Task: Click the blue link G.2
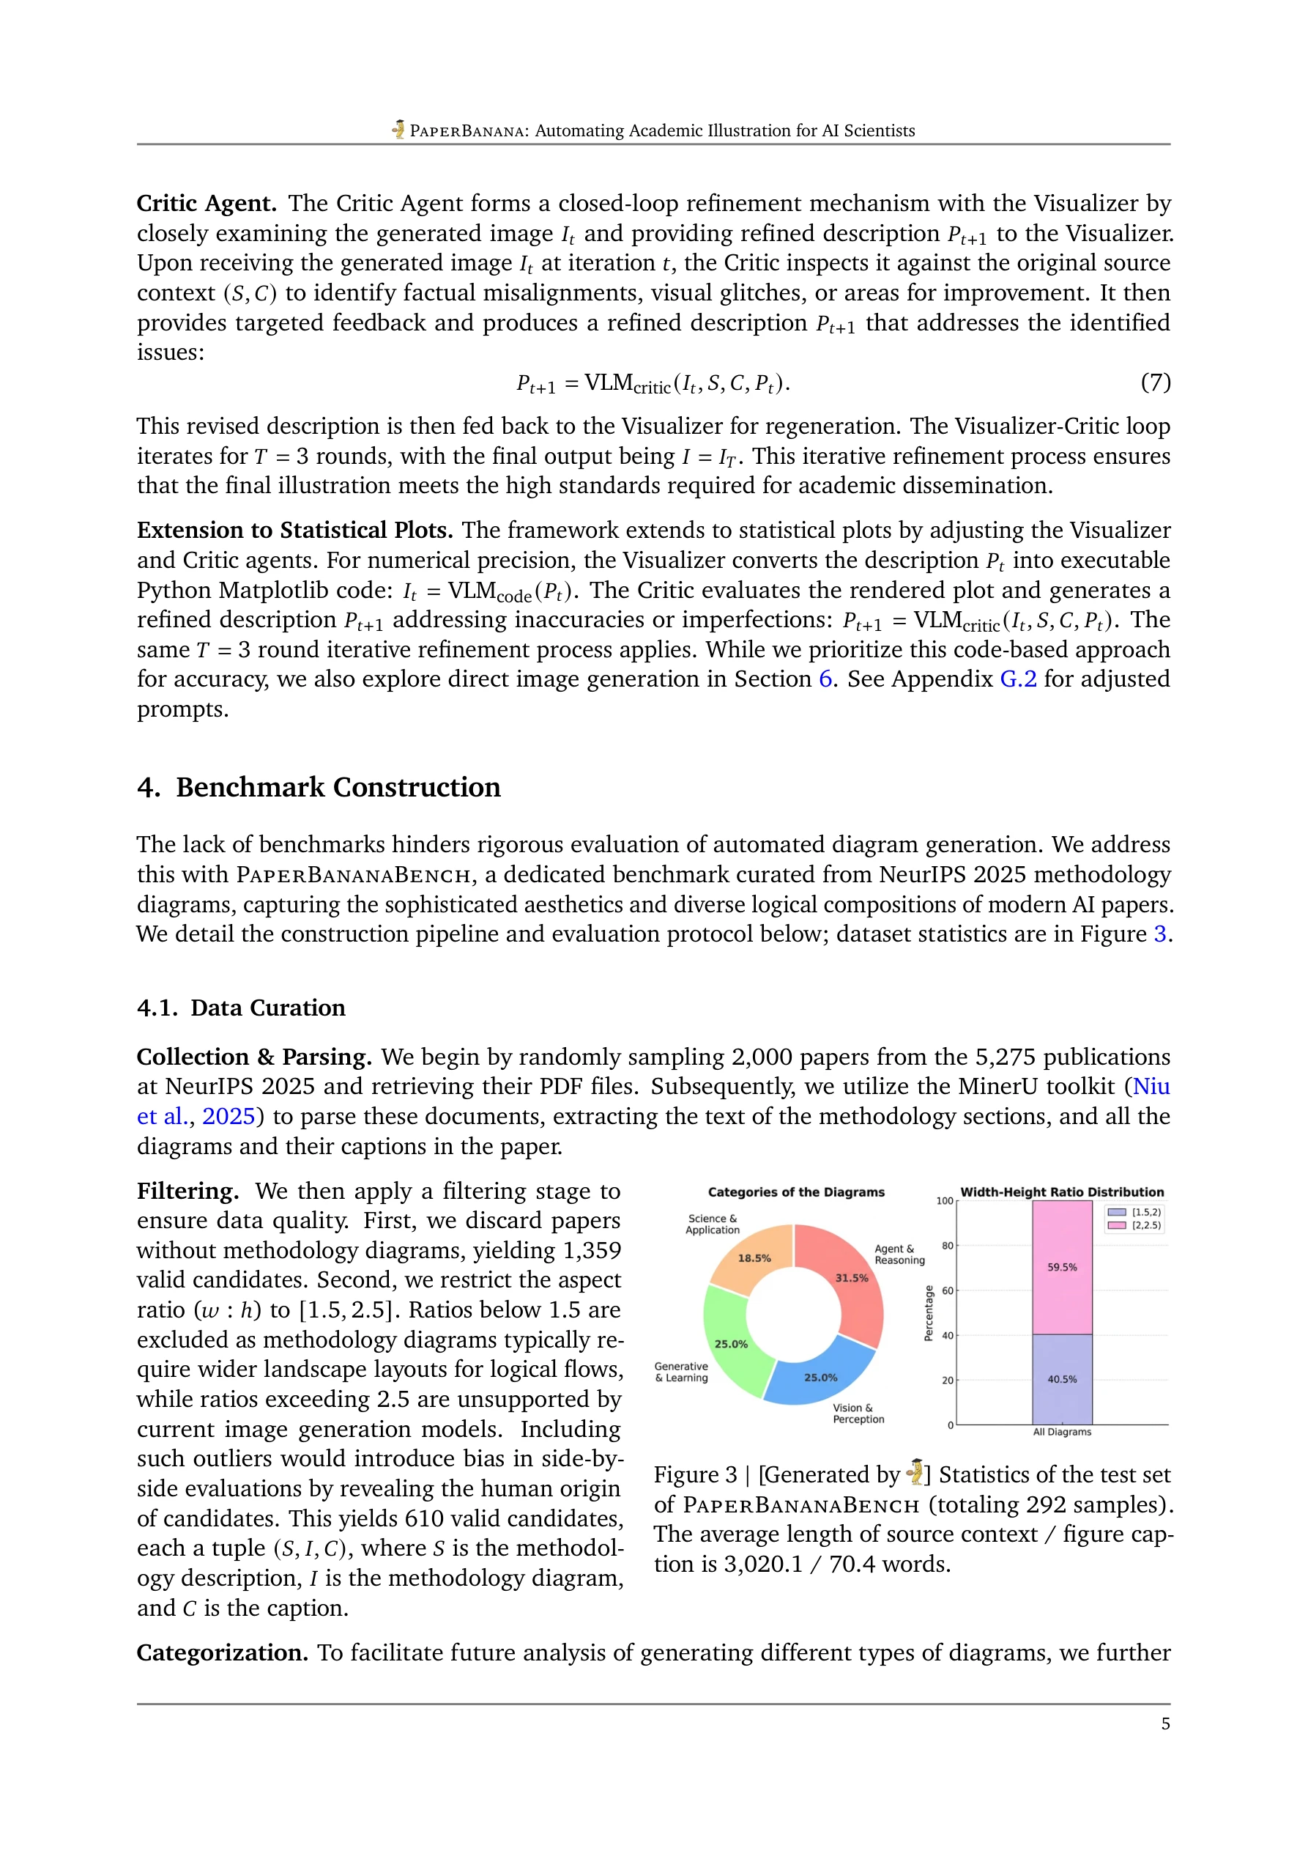coord(1018,679)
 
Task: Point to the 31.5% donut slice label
coord(851,1278)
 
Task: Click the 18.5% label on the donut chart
coord(754,1257)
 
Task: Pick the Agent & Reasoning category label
coord(899,1255)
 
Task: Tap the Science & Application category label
coord(713,1224)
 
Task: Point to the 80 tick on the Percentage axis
coord(947,1246)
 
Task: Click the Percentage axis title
coord(929,1313)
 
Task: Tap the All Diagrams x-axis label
coord(1062,1432)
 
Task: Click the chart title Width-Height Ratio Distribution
coord(1062,1191)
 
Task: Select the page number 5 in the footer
coord(1165,1723)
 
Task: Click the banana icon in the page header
coord(398,129)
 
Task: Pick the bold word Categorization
coord(223,1652)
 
